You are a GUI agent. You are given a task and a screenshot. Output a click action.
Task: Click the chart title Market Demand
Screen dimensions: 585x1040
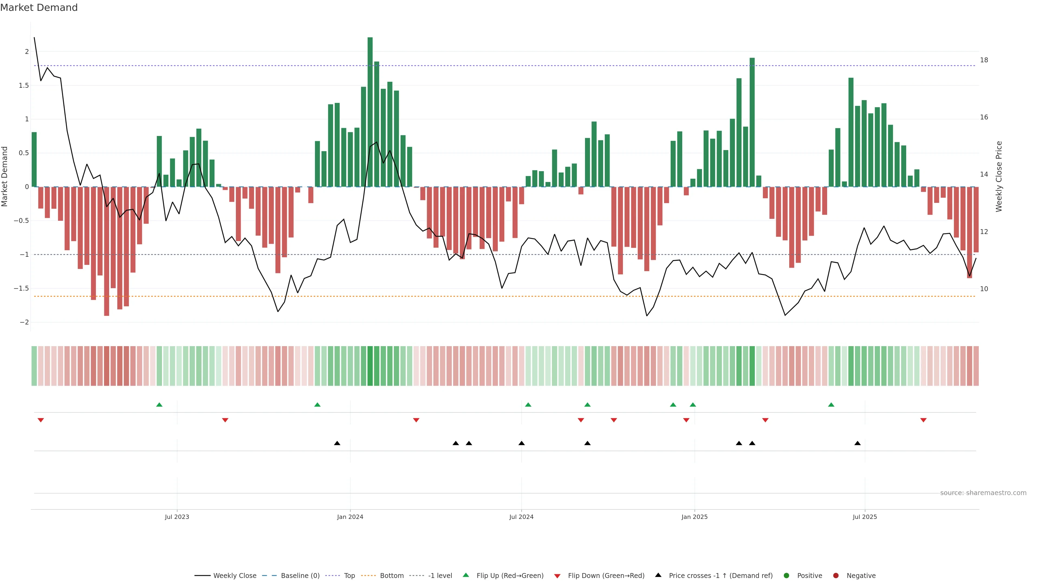39,8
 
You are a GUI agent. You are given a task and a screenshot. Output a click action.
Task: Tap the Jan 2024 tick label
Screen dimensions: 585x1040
350,517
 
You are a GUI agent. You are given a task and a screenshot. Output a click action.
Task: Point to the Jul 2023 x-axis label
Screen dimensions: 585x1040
177,517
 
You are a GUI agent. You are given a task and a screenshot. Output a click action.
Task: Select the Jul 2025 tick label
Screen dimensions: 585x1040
865,517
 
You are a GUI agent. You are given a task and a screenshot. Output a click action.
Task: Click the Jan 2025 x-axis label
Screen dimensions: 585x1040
694,517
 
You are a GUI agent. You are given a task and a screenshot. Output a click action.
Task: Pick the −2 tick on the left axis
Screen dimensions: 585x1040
24,322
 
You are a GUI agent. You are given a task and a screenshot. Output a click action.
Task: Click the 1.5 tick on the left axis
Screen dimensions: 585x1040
24,86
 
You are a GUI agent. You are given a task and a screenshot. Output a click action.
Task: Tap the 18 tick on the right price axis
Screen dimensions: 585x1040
984,60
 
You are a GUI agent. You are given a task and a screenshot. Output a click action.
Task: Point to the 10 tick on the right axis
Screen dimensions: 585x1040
984,289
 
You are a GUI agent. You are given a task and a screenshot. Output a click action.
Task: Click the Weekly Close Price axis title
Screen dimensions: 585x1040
999,176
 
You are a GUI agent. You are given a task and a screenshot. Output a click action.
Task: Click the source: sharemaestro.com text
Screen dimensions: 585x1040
983,493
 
